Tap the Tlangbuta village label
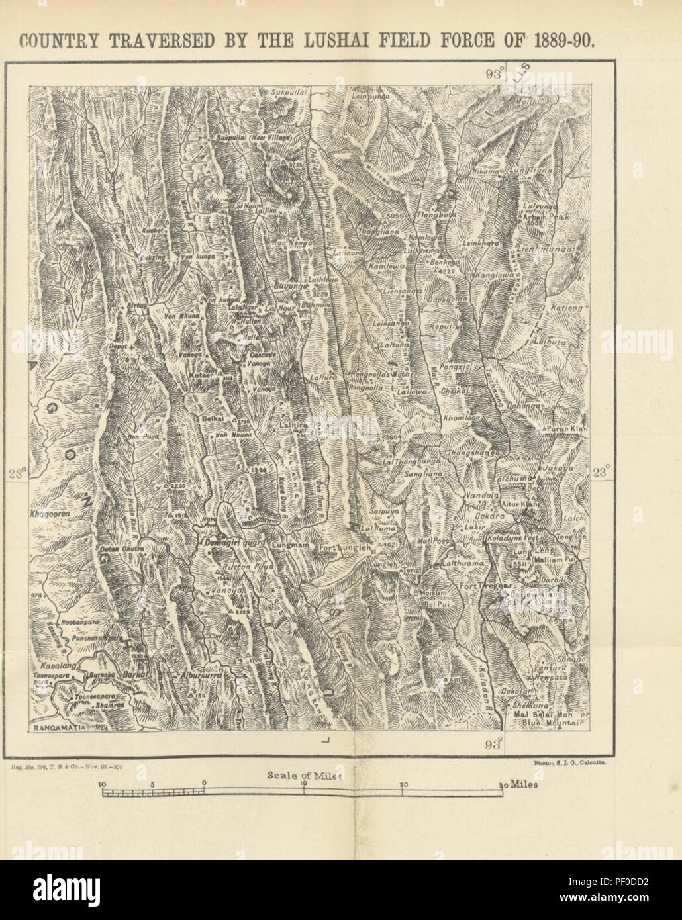pos(436,215)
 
